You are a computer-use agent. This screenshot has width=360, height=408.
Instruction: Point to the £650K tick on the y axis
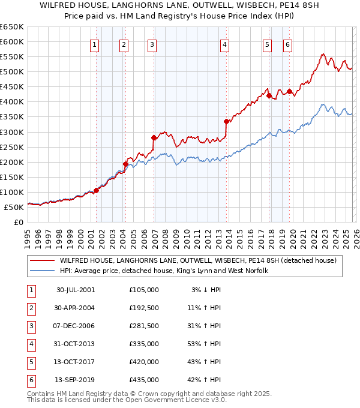coord(12,27)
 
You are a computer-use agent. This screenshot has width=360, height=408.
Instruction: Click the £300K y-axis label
coord(12,132)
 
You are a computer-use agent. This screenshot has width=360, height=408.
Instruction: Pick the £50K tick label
coord(14,207)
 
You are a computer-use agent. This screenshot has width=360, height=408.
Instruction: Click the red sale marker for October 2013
coord(226,121)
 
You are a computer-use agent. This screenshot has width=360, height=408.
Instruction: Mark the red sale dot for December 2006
coord(154,137)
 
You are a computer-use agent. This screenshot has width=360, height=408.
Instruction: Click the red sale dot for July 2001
coord(97,190)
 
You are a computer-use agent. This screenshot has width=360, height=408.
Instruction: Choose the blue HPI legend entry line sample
coord(42,271)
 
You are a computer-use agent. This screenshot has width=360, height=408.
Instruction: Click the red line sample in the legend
coord(42,260)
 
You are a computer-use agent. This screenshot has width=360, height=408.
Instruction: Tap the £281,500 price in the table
coord(143,326)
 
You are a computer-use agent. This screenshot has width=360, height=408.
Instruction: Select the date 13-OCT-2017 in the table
coord(75,362)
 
